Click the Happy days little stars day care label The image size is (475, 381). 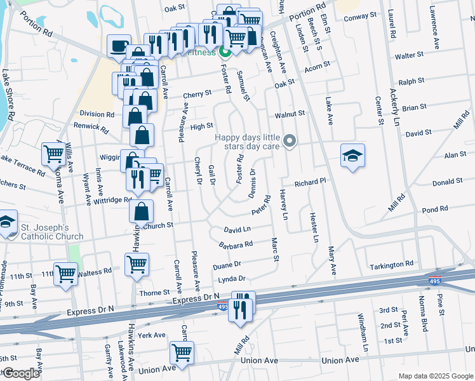point(248,142)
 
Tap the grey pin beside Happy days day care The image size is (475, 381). point(290,140)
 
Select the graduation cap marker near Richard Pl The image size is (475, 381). point(352,156)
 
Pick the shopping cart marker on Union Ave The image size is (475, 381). point(182,352)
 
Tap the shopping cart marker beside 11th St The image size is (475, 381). point(65,274)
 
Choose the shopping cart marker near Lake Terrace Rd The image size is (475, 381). point(53,154)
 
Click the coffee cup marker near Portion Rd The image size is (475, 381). point(119,46)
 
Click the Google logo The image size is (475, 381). point(21,373)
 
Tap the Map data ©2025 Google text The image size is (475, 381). point(436,376)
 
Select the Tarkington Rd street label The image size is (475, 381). point(392,264)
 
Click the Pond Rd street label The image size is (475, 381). point(435,209)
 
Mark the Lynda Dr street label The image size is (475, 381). point(230,279)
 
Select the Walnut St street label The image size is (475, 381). point(290,114)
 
